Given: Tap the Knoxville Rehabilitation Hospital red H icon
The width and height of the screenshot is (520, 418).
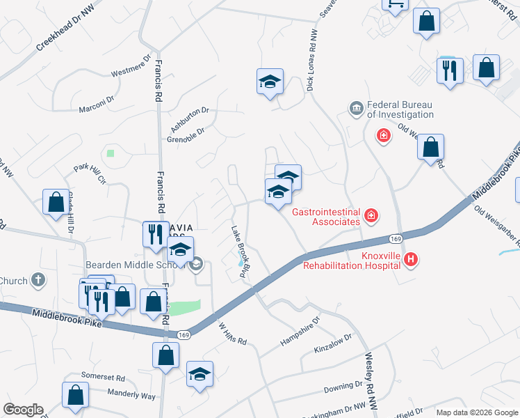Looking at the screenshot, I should pyautogui.click(x=411, y=260).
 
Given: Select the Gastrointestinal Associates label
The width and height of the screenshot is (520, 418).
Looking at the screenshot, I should pyautogui.click(x=326, y=217).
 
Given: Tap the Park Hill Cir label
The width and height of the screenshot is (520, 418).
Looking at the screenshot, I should pyautogui.click(x=90, y=173).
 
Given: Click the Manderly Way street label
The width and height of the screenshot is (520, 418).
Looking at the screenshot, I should pyautogui.click(x=131, y=395).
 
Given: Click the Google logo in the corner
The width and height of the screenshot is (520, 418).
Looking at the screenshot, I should pyautogui.click(x=24, y=410).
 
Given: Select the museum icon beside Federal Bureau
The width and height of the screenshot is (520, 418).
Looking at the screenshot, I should pyautogui.click(x=356, y=109).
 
